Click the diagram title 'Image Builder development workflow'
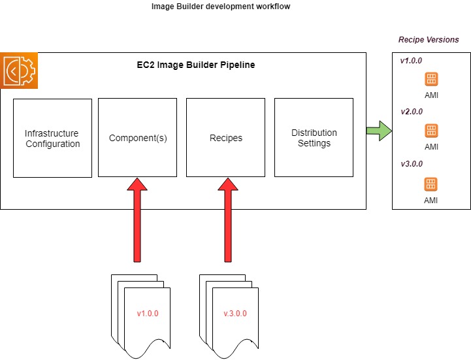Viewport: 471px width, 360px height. coord(220,7)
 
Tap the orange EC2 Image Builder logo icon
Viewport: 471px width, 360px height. coord(20,71)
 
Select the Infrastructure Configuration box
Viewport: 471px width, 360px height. coord(52,138)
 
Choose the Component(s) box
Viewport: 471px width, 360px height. coord(137,138)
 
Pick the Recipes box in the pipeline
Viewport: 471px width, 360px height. coord(225,138)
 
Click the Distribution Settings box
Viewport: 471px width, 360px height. coord(314,138)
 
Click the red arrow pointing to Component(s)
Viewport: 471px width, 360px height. coord(137,219)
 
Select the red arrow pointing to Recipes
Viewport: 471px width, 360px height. coord(225,219)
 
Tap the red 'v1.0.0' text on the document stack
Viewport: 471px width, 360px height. coord(148,314)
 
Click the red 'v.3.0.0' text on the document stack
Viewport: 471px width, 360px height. coord(235,314)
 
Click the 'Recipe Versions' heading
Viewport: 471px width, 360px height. coord(429,40)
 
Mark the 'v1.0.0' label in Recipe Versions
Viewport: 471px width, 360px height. coord(412,61)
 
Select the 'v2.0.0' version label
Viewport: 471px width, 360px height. coord(412,112)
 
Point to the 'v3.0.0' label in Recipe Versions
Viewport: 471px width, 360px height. coord(412,163)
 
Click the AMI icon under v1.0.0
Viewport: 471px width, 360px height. coord(431,79)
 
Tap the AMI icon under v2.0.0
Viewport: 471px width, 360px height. coord(431,130)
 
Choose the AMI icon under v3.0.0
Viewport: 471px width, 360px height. coord(431,184)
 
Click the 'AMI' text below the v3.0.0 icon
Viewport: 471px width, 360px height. coord(431,200)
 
